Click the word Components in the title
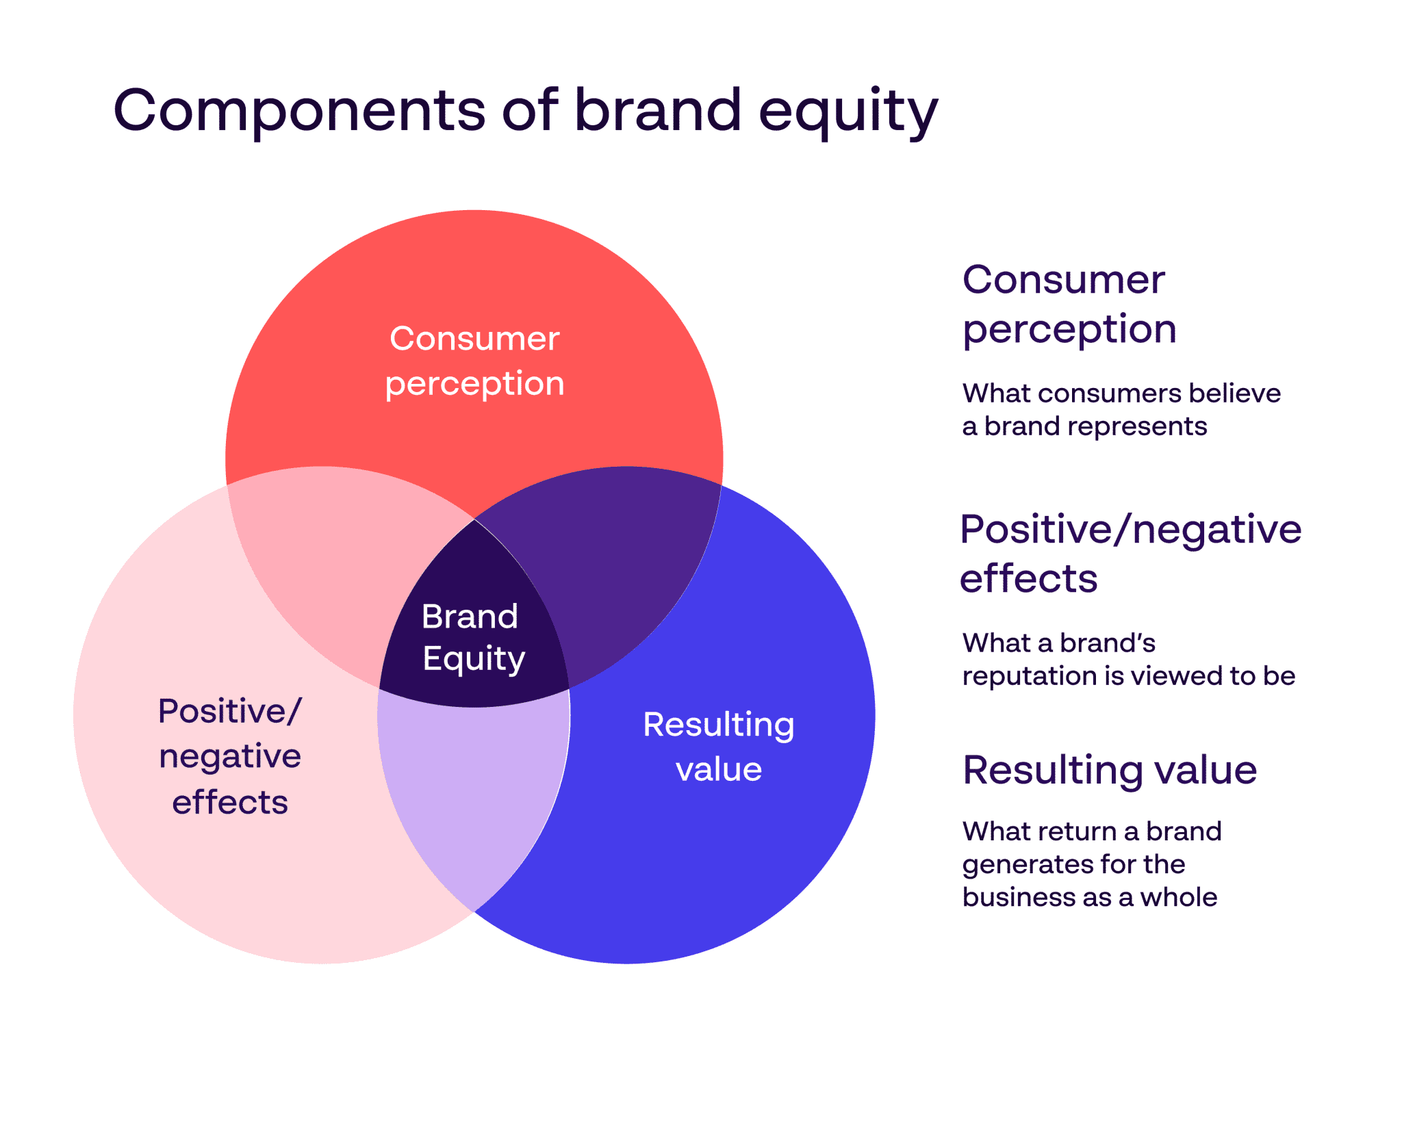point(298,110)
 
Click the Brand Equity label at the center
point(472,636)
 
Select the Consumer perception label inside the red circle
point(474,361)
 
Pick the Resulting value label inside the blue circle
point(718,747)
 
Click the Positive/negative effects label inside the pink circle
point(230,756)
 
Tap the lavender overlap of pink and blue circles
point(472,794)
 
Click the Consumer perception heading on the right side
point(1068,305)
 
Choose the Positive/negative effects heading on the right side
point(1130,553)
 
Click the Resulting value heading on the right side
point(1109,770)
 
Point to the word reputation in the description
point(1028,677)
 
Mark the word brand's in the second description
point(1107,643)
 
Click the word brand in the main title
point(657,110)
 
